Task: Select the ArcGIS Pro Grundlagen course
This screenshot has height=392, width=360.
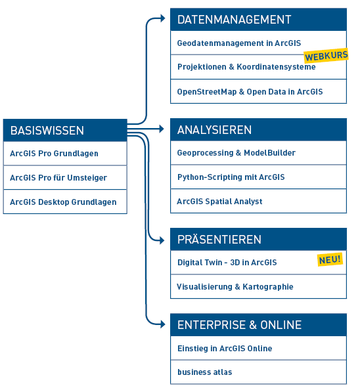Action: click(55, 154)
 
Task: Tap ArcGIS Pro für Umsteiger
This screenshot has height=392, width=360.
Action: click(58, 178)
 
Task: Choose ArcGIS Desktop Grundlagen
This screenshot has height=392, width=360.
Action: click(63, 202)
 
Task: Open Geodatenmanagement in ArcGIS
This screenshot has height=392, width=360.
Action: click(230, 43)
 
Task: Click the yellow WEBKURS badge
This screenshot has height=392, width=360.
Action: click(326, 56)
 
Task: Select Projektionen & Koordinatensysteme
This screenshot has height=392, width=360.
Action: click(246, 67)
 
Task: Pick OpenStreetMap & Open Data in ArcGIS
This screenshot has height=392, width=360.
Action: click(250, 92)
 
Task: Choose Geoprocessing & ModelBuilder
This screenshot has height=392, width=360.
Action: click(236, 153)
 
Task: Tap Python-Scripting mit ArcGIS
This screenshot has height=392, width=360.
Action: click(231, 177)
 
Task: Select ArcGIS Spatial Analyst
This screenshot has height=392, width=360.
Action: click(219, 202)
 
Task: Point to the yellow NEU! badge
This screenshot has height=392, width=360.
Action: click(330, 259)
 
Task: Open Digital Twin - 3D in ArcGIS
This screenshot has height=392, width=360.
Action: click(227, 263)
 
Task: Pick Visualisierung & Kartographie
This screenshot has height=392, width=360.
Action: click(235, 287)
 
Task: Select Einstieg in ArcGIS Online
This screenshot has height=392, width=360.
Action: click(225, 349)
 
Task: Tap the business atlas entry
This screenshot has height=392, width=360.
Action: click(205, 372)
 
